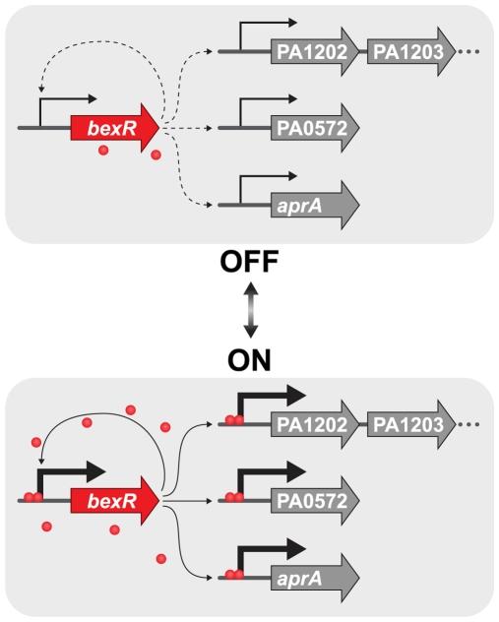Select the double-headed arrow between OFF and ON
click(250, 310)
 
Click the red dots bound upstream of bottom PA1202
click(232, 420)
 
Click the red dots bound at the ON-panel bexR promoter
click(34, 497)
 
